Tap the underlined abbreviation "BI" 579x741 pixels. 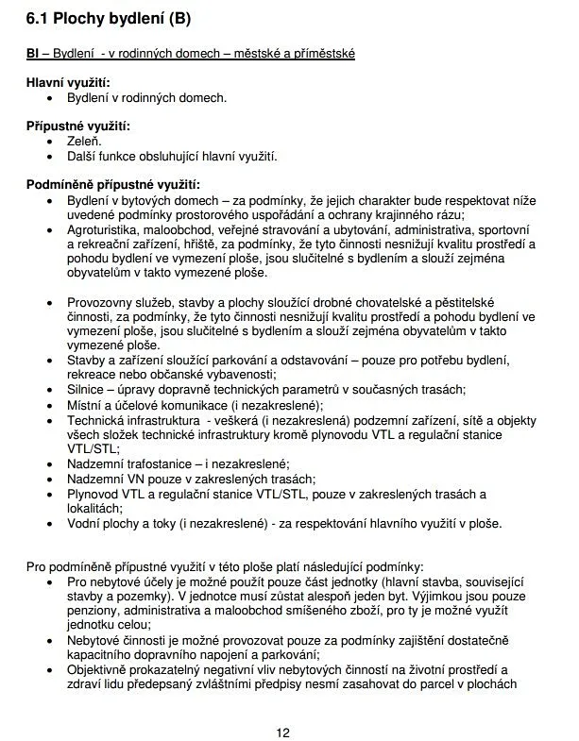[x=33, y=55]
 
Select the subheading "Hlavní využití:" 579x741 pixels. [x=68, y=83]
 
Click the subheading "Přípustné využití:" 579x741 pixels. [x=78, y=126]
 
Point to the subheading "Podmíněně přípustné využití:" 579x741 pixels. [x=112, y=184]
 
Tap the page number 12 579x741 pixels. [x=283, y=733]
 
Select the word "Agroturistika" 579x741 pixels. [x=101, y=229]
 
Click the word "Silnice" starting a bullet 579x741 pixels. [x=87, y=390]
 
